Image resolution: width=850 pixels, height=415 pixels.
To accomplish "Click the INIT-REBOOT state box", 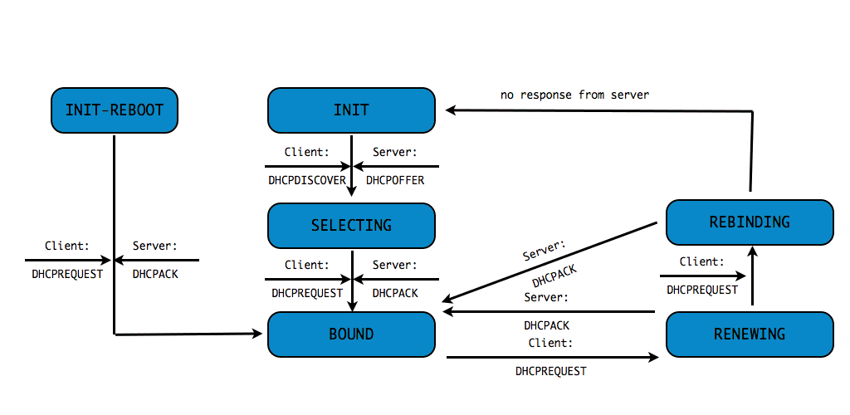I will coord(114,110).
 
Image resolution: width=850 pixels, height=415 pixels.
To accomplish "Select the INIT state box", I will coord(351,110).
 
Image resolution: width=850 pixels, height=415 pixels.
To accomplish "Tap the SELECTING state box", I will coord(351,225).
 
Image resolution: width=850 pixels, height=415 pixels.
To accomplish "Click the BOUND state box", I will coord(351,334).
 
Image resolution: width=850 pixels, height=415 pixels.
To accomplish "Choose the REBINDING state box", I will coord(750,222).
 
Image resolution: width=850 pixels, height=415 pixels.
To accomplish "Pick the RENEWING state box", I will coord(750,334).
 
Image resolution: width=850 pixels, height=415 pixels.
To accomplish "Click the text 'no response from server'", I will coord(574,95).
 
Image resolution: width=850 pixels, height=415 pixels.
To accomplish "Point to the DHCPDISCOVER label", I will coord(307,180).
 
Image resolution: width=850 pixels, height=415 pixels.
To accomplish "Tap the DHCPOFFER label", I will coord(395,180).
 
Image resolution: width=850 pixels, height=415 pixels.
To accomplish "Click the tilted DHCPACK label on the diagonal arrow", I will coord(554,276).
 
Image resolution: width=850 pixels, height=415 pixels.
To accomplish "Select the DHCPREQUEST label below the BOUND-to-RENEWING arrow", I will coord(550,371).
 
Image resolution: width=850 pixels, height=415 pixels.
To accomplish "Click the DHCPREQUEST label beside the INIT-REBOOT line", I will coord(67,273).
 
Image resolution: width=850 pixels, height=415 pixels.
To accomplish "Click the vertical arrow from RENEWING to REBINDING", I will coord(751,278).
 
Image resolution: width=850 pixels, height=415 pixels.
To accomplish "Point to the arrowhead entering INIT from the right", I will coord(451,110).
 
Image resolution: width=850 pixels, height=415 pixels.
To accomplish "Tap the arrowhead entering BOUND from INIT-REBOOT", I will coord(256,334).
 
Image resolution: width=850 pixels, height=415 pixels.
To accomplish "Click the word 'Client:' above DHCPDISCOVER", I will coord(307,153).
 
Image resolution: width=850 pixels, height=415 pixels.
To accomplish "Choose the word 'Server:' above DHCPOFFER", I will coord(395,153).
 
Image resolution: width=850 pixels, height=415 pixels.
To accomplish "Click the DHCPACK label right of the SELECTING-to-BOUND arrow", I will coord(395,293).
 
